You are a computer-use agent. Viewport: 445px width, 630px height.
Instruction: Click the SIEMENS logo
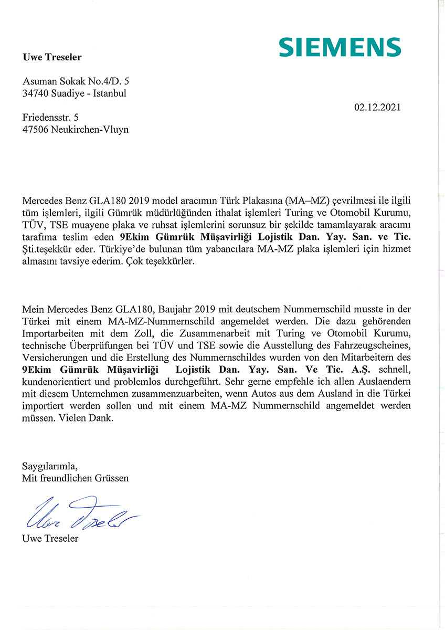point(340,47)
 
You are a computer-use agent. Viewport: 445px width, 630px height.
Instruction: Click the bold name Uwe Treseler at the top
point(52,57)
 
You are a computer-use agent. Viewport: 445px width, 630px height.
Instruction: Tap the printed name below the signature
point(50,539)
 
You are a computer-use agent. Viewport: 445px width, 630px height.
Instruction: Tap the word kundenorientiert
point(56,382)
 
